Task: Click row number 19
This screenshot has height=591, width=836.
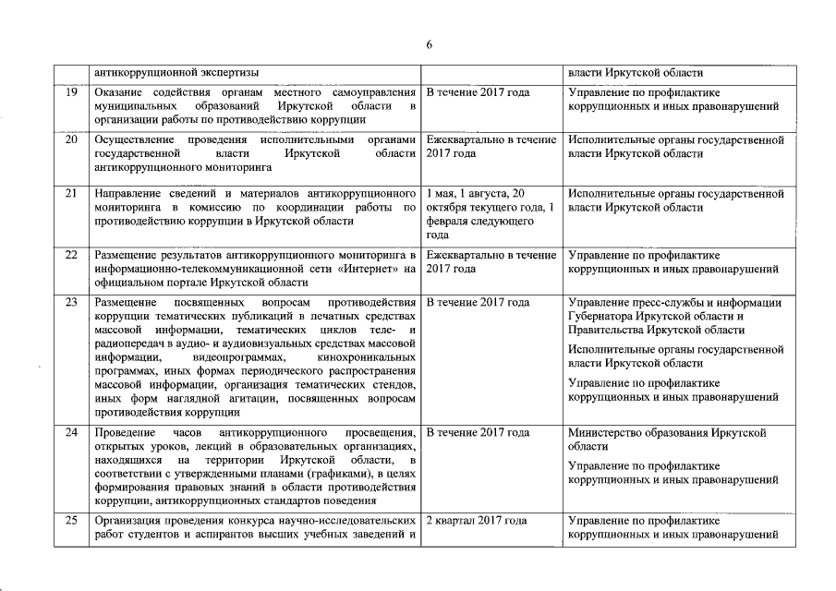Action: click(70, 93)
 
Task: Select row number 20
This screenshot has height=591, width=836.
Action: click(70, 140)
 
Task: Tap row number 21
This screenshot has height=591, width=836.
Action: click(70, 194)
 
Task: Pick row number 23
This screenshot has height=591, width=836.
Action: click(70, 303)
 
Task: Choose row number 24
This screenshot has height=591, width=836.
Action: click(70, 433)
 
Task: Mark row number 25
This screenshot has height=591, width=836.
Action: click(70, 521)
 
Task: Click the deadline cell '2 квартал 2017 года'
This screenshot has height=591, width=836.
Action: click(477, 521)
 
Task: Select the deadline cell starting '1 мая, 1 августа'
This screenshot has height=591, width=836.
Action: click(491, 214)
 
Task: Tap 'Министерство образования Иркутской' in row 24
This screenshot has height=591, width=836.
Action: click(667, 433)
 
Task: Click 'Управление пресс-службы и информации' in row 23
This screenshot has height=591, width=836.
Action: click(675, 303)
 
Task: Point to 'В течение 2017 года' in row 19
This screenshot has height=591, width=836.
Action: click(478, 93)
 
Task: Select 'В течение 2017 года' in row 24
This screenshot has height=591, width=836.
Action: click(478, 433)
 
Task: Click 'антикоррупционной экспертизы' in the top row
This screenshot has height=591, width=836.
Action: click(176, 72)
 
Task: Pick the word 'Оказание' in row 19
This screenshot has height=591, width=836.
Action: click(120, 93)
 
